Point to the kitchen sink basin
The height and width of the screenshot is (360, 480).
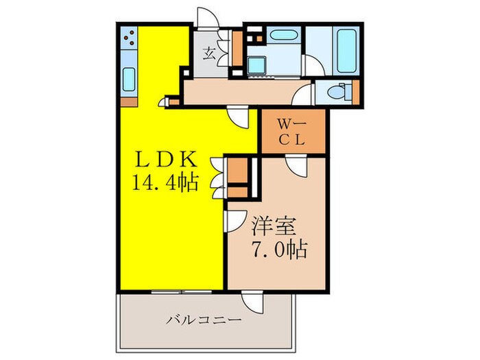(x=128, y=81)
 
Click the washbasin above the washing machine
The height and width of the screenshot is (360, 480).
(x=280, y=36)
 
